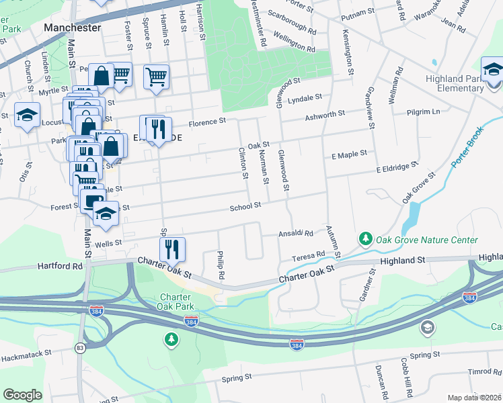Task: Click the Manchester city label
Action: click(x=72, y=28)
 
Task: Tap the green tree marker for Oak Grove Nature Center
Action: click(x=366, y=238)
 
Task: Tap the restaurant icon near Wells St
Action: click(x=174, y=249)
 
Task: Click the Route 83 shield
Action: click(x=81, y=347)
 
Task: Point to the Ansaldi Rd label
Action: click(x=297, y=234)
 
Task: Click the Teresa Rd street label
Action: click(x=308, y=257)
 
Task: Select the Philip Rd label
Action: click(x=220, y=263)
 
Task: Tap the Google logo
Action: click(x=22, y=395)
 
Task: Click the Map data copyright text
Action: click(x=474, y=398)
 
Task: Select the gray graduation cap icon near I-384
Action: click(x=427, y=327)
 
